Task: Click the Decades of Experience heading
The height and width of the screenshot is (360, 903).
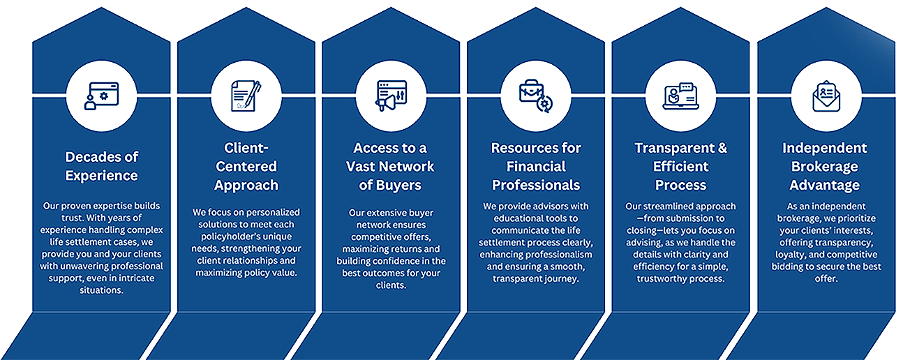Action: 102,166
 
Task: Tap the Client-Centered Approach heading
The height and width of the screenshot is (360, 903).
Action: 246,167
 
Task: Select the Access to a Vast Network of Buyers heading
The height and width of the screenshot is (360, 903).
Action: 390,167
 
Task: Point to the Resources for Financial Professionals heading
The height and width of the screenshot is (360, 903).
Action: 536,167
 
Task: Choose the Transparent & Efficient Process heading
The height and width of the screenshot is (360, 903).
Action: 680,167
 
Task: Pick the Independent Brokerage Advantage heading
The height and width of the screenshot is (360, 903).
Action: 825,167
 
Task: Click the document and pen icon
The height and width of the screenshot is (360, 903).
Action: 246,96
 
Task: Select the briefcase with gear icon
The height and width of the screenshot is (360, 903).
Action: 536,96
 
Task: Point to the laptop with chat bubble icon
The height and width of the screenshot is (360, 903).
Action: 681,96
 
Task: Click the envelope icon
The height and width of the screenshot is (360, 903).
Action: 826,96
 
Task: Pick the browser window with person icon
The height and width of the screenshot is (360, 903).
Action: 101,96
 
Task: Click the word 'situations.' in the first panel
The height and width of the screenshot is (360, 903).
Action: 101,290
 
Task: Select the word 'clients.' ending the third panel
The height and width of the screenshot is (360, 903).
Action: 391,285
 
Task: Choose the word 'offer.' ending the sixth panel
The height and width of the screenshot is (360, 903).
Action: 826,278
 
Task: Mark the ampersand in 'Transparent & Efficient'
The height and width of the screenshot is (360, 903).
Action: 722,148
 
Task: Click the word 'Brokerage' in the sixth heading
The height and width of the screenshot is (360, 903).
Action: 825,167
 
